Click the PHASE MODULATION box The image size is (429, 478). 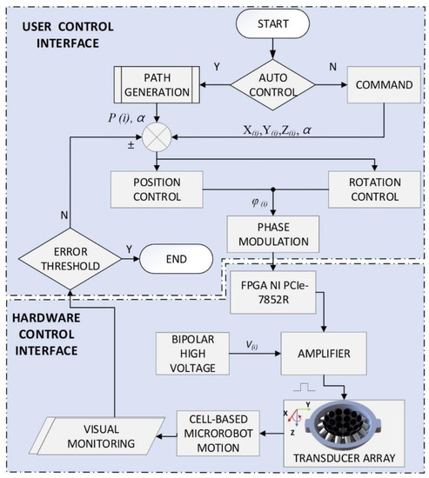tap(272, 229)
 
